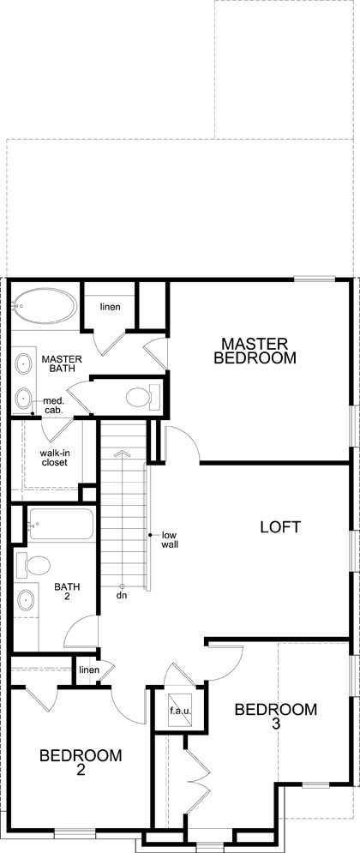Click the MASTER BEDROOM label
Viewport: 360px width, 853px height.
(255, 351)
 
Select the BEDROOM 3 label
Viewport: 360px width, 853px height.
(276, 716)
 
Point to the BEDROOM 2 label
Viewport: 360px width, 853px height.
(81, 761)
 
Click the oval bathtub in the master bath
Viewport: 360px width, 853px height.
(45, 306)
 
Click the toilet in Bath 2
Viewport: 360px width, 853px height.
(33, 565)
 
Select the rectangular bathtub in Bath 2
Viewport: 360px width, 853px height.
(61, 523)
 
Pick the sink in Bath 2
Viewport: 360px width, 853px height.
(26, 601)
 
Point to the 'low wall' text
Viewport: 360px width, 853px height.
(170, 539)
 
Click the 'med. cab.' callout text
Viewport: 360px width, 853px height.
(54, 406)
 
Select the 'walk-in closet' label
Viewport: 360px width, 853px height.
(53, 458)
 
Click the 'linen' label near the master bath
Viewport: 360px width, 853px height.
(110, 307)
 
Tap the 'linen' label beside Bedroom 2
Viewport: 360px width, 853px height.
(89, 670)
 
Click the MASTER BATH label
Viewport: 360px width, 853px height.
(62, 363)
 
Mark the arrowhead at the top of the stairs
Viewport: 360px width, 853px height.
(122, 452)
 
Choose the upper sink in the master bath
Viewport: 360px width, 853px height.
(24, 363)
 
